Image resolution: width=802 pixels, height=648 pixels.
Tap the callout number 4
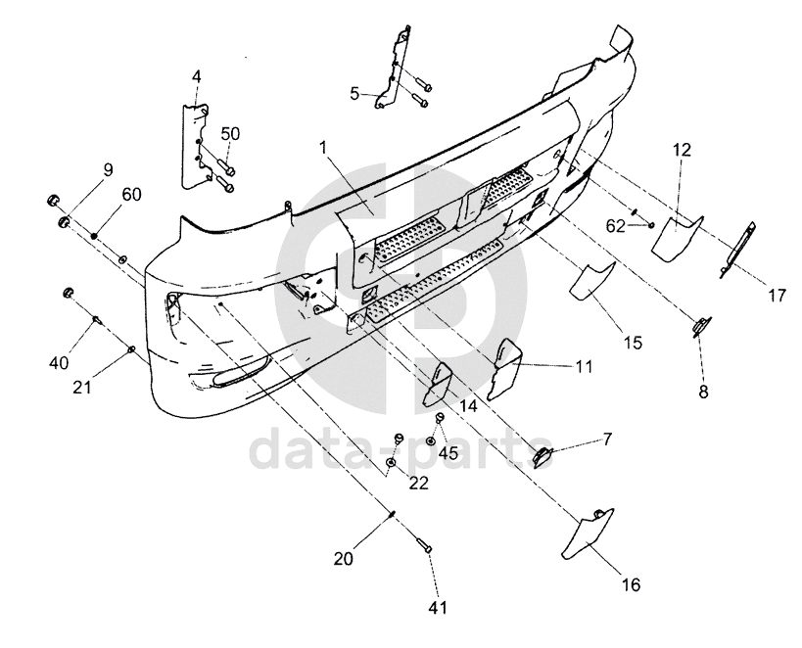click(x=196, y=76)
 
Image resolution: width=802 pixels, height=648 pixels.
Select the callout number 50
click(x=229, y=133)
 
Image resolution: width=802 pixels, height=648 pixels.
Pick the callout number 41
click(x=437, y=608)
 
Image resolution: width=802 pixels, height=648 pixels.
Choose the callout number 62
click(x=615, y=225)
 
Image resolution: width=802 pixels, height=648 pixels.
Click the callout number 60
click(x=131, y=194)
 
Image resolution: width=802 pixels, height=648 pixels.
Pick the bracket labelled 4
click(x=195, y=137)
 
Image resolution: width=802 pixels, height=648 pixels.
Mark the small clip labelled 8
click(x=702, y=326)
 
